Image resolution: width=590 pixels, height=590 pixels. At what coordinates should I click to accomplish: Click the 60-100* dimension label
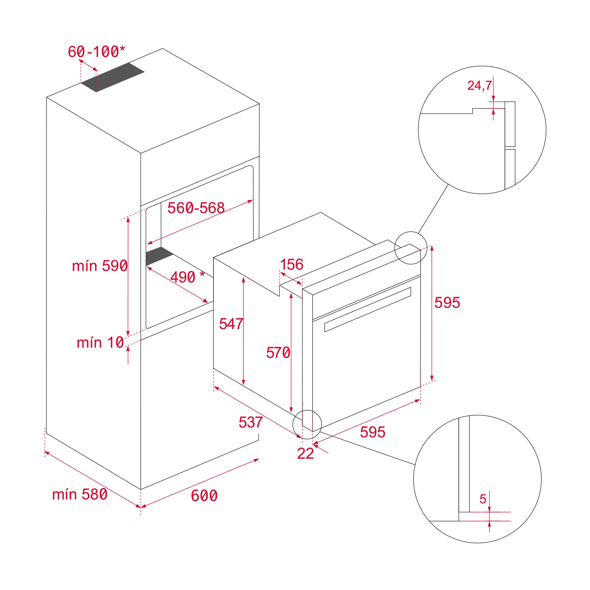[96, 52]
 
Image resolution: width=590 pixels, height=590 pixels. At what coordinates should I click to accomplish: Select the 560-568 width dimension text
[196, 208]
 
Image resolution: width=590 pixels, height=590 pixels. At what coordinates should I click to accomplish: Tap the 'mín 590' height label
[100, 266]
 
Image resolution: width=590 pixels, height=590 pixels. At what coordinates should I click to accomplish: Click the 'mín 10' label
[100, 343]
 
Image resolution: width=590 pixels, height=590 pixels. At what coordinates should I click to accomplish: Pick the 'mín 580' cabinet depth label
[80, 494]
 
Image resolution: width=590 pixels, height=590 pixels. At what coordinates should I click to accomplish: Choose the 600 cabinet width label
[204, 496]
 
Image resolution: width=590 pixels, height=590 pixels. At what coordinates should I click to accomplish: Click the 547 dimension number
[231, 324]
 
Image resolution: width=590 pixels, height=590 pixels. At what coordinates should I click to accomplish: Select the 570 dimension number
[278, 352]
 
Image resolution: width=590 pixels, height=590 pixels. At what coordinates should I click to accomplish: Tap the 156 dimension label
[291, 265]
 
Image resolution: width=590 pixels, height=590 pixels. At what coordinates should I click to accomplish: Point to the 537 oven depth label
[251, 422]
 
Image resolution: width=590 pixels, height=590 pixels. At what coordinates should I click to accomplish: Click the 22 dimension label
[305, 454]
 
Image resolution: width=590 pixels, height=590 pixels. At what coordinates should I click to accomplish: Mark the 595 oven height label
[447, 303]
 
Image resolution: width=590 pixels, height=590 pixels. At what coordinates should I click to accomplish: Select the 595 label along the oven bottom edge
[372, 432]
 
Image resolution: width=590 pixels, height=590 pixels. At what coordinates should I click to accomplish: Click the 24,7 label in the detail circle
[479, 85]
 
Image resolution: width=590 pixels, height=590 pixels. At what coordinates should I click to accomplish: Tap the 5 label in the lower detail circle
[483, 499]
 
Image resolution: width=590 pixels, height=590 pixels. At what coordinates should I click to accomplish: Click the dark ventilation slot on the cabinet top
[112, 77]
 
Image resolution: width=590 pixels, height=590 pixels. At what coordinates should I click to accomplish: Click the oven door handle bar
[368, 309]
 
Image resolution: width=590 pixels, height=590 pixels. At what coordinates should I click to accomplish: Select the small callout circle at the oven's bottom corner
[307, 424]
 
